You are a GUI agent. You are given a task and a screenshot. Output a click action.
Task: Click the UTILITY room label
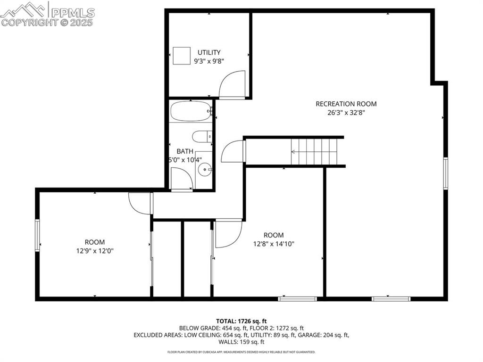coord(209,52)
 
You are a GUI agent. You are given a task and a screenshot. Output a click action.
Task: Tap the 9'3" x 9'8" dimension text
coord(209,61)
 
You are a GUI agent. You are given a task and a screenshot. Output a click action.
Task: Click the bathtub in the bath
coord(191,112)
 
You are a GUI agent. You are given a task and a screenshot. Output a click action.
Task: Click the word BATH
coord(185,151)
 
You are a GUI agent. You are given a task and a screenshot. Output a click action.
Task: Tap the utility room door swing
coord(233,84)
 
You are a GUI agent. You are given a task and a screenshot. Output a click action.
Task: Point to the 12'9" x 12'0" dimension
coord(95,251)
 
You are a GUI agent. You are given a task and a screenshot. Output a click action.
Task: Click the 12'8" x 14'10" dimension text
coord(274,244)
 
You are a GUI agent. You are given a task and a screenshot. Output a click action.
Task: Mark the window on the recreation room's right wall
coord(445,173)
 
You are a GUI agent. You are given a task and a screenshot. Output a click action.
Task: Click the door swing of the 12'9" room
coord(139,204)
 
